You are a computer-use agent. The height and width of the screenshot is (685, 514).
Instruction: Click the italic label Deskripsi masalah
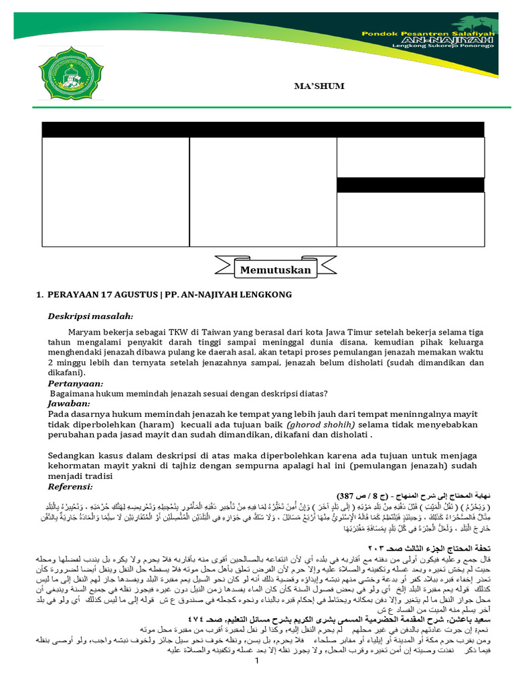[90, 316]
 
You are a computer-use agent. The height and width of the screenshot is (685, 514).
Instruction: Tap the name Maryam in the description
[84, 332]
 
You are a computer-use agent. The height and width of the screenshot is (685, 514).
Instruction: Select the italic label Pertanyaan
[76, 384]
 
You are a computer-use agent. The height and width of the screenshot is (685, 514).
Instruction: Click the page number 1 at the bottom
[256, 680]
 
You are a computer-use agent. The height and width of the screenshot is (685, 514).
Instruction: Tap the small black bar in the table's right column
[410, 185]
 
